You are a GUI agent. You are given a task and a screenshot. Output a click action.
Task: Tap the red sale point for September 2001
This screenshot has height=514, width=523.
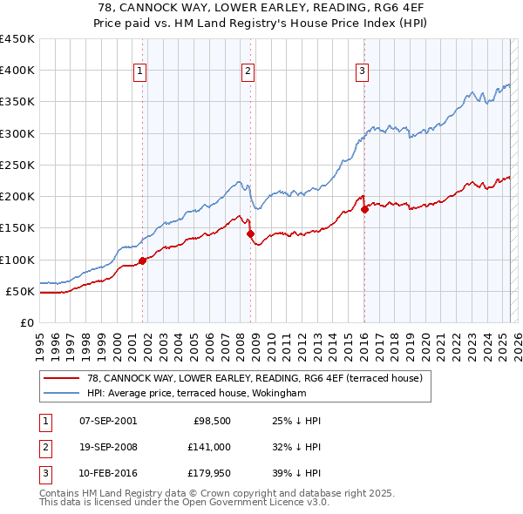(x=142, y=260)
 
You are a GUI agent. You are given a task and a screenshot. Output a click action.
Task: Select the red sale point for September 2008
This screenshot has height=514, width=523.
(x=250, y=233)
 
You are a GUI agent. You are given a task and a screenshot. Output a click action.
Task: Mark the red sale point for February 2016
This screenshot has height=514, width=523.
(x=364, y=209)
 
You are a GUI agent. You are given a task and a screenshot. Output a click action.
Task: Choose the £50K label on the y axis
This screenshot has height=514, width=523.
(x=21, y=291)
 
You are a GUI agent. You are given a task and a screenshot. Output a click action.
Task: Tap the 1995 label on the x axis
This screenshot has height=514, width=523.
(x=39, y=339)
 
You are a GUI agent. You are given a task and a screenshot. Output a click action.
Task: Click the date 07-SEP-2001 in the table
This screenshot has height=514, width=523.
(x=107, y=421)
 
